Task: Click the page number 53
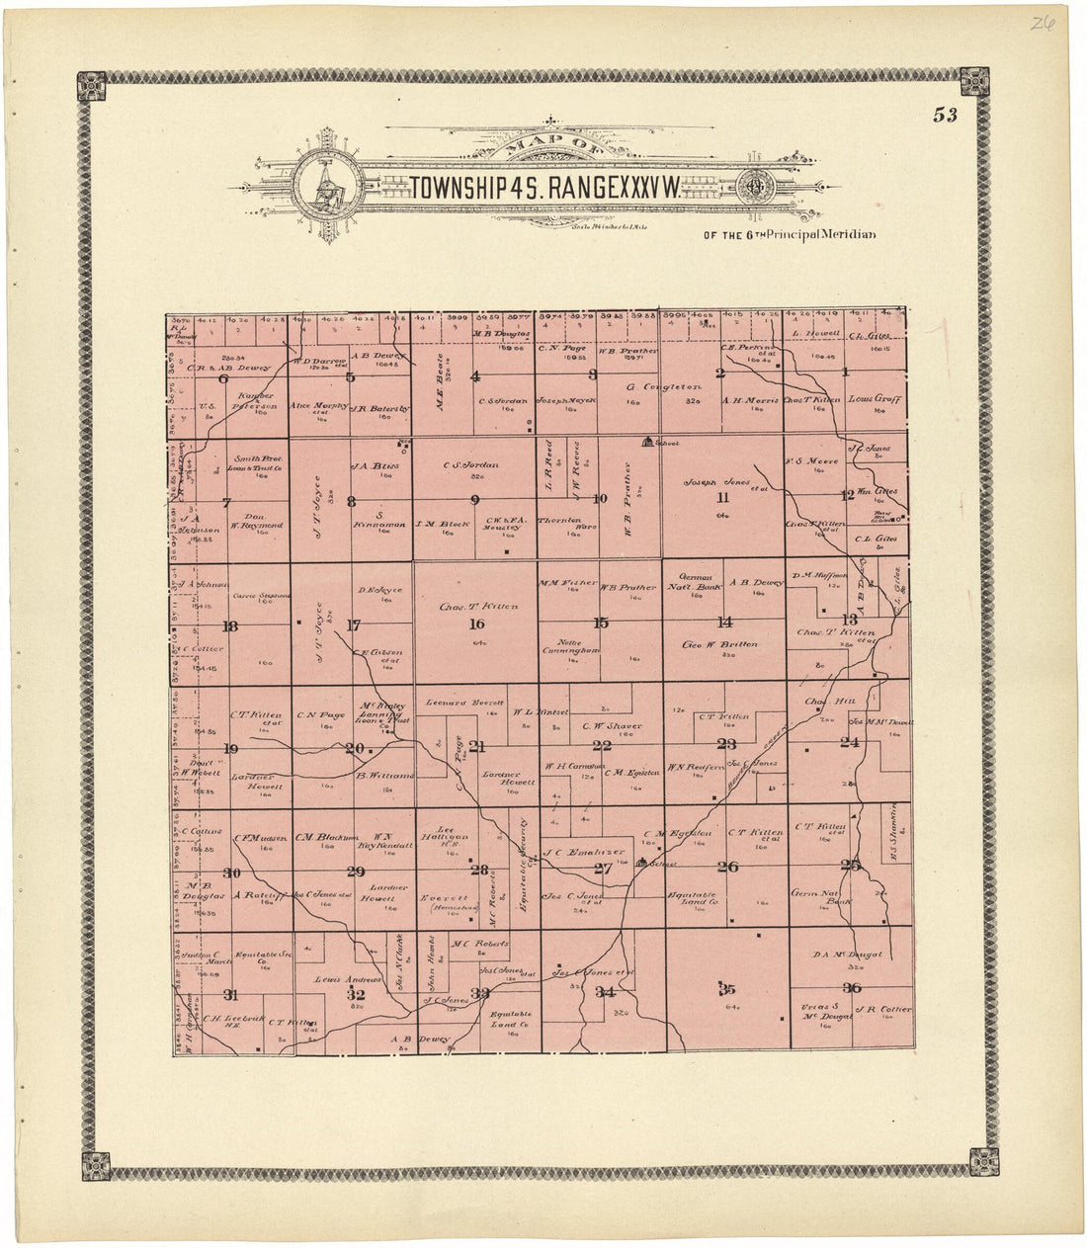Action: point(945,115)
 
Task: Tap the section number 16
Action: point(477,624)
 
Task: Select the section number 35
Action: point(727,988)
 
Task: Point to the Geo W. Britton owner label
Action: point(719,644)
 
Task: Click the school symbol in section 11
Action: point(648,442)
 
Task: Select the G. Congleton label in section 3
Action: point(664,386)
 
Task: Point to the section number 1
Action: point(847,373)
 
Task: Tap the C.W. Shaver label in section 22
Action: point(613,726)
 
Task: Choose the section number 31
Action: point(231,994)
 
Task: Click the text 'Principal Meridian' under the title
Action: point(817,234)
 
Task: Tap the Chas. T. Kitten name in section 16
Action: point(478,607)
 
